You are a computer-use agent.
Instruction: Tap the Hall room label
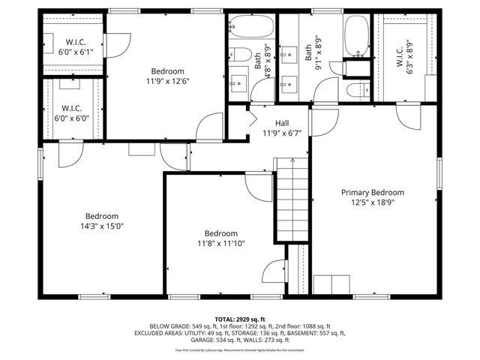click(x=281, y=123)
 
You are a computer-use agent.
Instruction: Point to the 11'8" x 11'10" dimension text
click(x=221, y=243)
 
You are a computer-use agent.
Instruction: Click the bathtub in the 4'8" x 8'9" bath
click(x=251, y=28)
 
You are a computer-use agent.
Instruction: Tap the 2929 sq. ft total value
click(x=253, y=319)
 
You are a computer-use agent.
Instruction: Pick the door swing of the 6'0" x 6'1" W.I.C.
click(x=112, y=46)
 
